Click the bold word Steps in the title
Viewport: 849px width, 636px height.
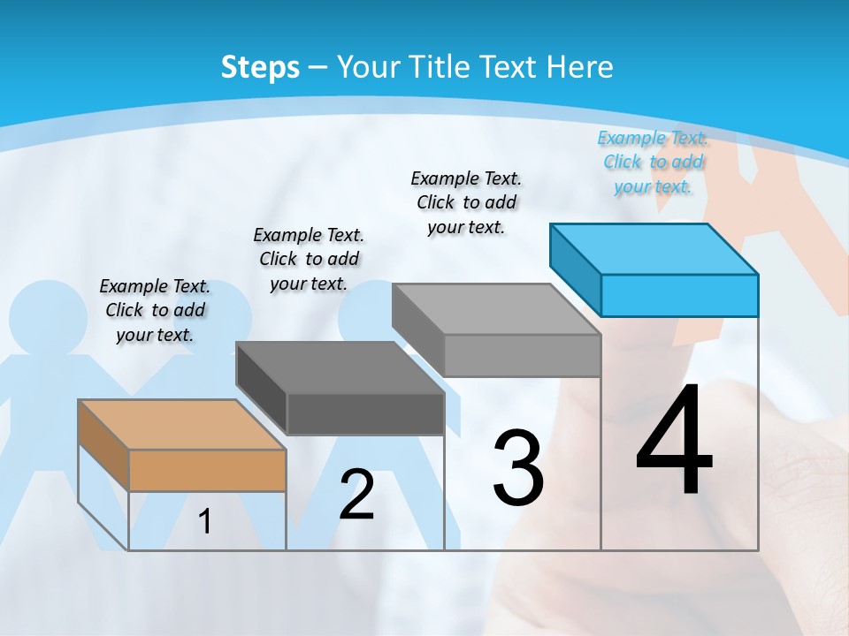coord(260,67)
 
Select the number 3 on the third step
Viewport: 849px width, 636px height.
coord(517,468)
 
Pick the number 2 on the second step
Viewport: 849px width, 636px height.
coord(356,495)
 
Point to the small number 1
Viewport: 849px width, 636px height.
coord(205,522)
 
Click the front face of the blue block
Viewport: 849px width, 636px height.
coord(679,295)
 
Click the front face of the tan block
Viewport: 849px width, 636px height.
coord(207,470)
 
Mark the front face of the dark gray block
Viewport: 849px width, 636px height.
coord(365,413)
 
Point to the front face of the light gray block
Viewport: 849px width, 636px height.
coord(522,355)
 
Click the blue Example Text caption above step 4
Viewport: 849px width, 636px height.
coord(653,162)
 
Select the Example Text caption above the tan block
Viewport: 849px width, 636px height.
coord(155,310)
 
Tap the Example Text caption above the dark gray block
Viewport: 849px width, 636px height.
coord(309,259)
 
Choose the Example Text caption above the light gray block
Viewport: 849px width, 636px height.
coord(466,202)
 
